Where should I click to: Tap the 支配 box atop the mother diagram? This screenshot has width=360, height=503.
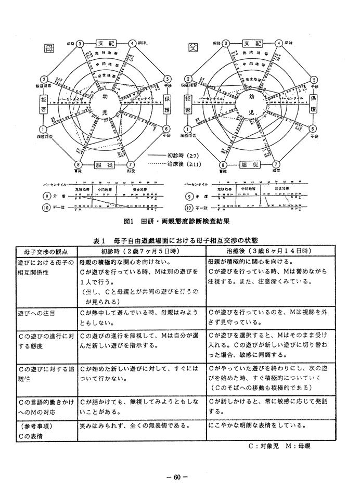coord(106,43)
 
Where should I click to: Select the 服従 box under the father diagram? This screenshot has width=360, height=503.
coord(249,165)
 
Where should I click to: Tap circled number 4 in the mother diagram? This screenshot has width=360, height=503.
coord(133,43)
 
